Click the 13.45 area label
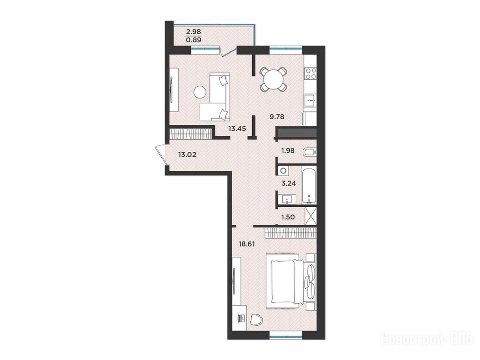click(x=237, y=128)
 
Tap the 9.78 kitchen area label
click(x=277, y=117)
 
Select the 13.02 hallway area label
click(x=187, y=155)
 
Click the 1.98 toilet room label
click(x=288, y=150)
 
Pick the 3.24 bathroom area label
click(x=288, y=183)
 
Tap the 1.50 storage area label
click(x=288, y=217)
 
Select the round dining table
click(x=273, y=79)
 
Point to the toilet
click(x=309, y=151)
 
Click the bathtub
click(x=309, y=186)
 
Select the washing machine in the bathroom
click(x=284, y=171)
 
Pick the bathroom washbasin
click(x=287, y=199)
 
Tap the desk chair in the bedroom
click(x=256, y=320)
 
